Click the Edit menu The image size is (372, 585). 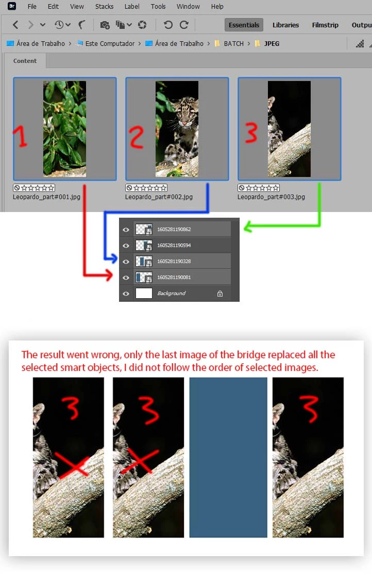[53, 6]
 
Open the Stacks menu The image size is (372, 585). [105, 6]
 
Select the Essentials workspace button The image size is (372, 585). [244, 25]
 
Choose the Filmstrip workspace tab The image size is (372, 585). [325, 25]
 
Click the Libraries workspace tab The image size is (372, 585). [285, 25]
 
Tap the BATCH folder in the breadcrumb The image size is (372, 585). [233, 44]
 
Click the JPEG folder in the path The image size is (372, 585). [272, 44]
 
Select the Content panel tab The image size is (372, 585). [25, 61]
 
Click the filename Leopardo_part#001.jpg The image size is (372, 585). [46, 197]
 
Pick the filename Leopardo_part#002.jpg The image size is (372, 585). [159, 197]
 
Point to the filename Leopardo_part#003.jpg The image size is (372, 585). [271, 197]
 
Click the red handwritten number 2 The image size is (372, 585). [137, 137]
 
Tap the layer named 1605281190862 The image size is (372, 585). [174, 230]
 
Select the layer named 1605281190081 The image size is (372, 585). [174, 277]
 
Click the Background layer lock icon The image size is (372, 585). [220, 294]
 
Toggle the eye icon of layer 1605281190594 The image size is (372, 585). [126, 246]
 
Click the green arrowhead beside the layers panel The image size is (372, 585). [248, 226]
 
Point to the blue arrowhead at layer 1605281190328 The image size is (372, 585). [113, 258]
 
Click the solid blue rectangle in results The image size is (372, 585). [228, 458]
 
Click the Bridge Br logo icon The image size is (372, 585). [12, 6]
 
